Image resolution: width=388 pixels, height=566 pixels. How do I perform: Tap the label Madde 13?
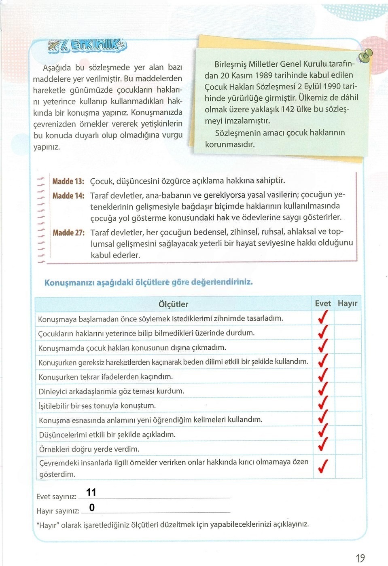(68, 181)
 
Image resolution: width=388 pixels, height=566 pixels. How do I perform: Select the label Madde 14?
(68, 196)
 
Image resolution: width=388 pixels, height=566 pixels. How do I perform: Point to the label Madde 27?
(68, 232)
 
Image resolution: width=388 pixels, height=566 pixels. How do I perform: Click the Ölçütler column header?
(173, 304)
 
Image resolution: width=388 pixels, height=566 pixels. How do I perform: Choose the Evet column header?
(323, 303)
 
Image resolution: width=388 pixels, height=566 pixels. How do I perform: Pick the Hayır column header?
(348, 303)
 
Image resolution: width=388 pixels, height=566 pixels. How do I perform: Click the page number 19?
(360, 558)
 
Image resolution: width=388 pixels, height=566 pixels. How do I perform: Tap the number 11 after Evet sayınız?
(91, 492)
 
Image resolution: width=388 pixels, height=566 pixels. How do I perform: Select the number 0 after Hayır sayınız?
(92, 507)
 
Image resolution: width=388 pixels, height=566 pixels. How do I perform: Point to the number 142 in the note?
(288, 109)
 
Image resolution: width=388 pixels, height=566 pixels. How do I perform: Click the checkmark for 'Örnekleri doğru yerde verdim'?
(323, 444)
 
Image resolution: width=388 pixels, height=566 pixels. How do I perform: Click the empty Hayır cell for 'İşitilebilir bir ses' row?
(348, 404)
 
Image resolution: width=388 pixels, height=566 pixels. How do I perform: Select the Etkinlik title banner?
(87, 46)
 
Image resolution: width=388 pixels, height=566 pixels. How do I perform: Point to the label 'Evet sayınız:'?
(56, 496)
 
